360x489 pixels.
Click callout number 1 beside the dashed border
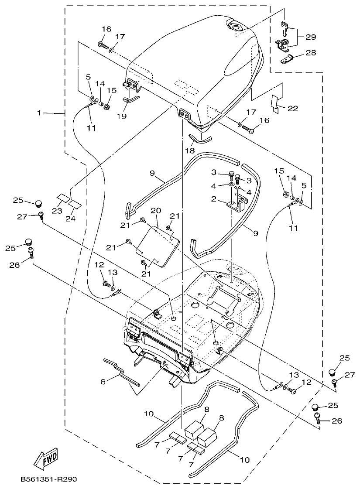[39, 113]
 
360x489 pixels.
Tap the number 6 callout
[103, 381]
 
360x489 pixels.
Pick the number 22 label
[292, 108]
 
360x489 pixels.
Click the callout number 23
[57, 210]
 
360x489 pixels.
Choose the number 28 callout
[311, 53]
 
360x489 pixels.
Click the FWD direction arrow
[46, 458]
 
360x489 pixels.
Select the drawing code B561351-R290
[48, 479]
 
